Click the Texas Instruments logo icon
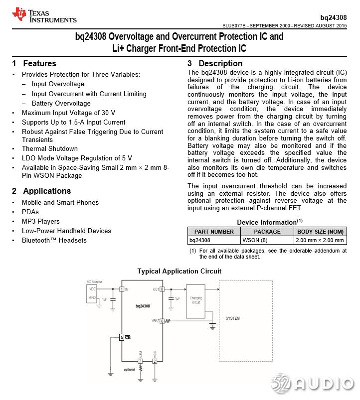[x=19, y=14]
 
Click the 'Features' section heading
[x=39, y=63]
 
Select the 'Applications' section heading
[x=47, y=191]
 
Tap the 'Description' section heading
[x=220, y=63]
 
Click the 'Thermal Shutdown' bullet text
[x=50, y=148]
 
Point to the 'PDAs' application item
[x=30, y=212]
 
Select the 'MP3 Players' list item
[x=40, y=221]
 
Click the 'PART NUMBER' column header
[x=214, y=232]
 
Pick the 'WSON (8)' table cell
[x=255, y=240]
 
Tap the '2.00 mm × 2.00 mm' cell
[x=320, y=240]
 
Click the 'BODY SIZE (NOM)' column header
[x=320, y=232]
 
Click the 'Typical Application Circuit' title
[x=180, y=271]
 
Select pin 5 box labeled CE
[x=122, y=337]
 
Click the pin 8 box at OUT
[x=162, y=289]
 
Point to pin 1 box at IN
[x=122, y=289]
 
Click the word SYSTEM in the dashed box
[x=233, y=318]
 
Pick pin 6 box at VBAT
[x=162, y=321]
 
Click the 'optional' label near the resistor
[x=129, y=370]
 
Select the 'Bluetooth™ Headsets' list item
[x=54, y=240]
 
